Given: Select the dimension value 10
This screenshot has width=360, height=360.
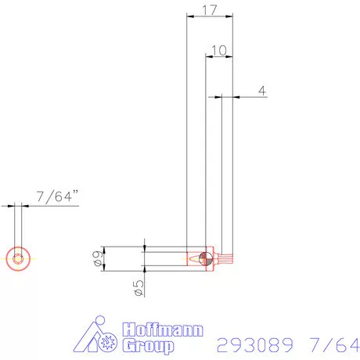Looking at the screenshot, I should [x=219, y=49].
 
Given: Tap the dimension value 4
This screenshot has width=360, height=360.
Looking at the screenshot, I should [x=261, y=91].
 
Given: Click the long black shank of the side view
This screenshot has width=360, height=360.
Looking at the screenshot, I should [x=166, y=257].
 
